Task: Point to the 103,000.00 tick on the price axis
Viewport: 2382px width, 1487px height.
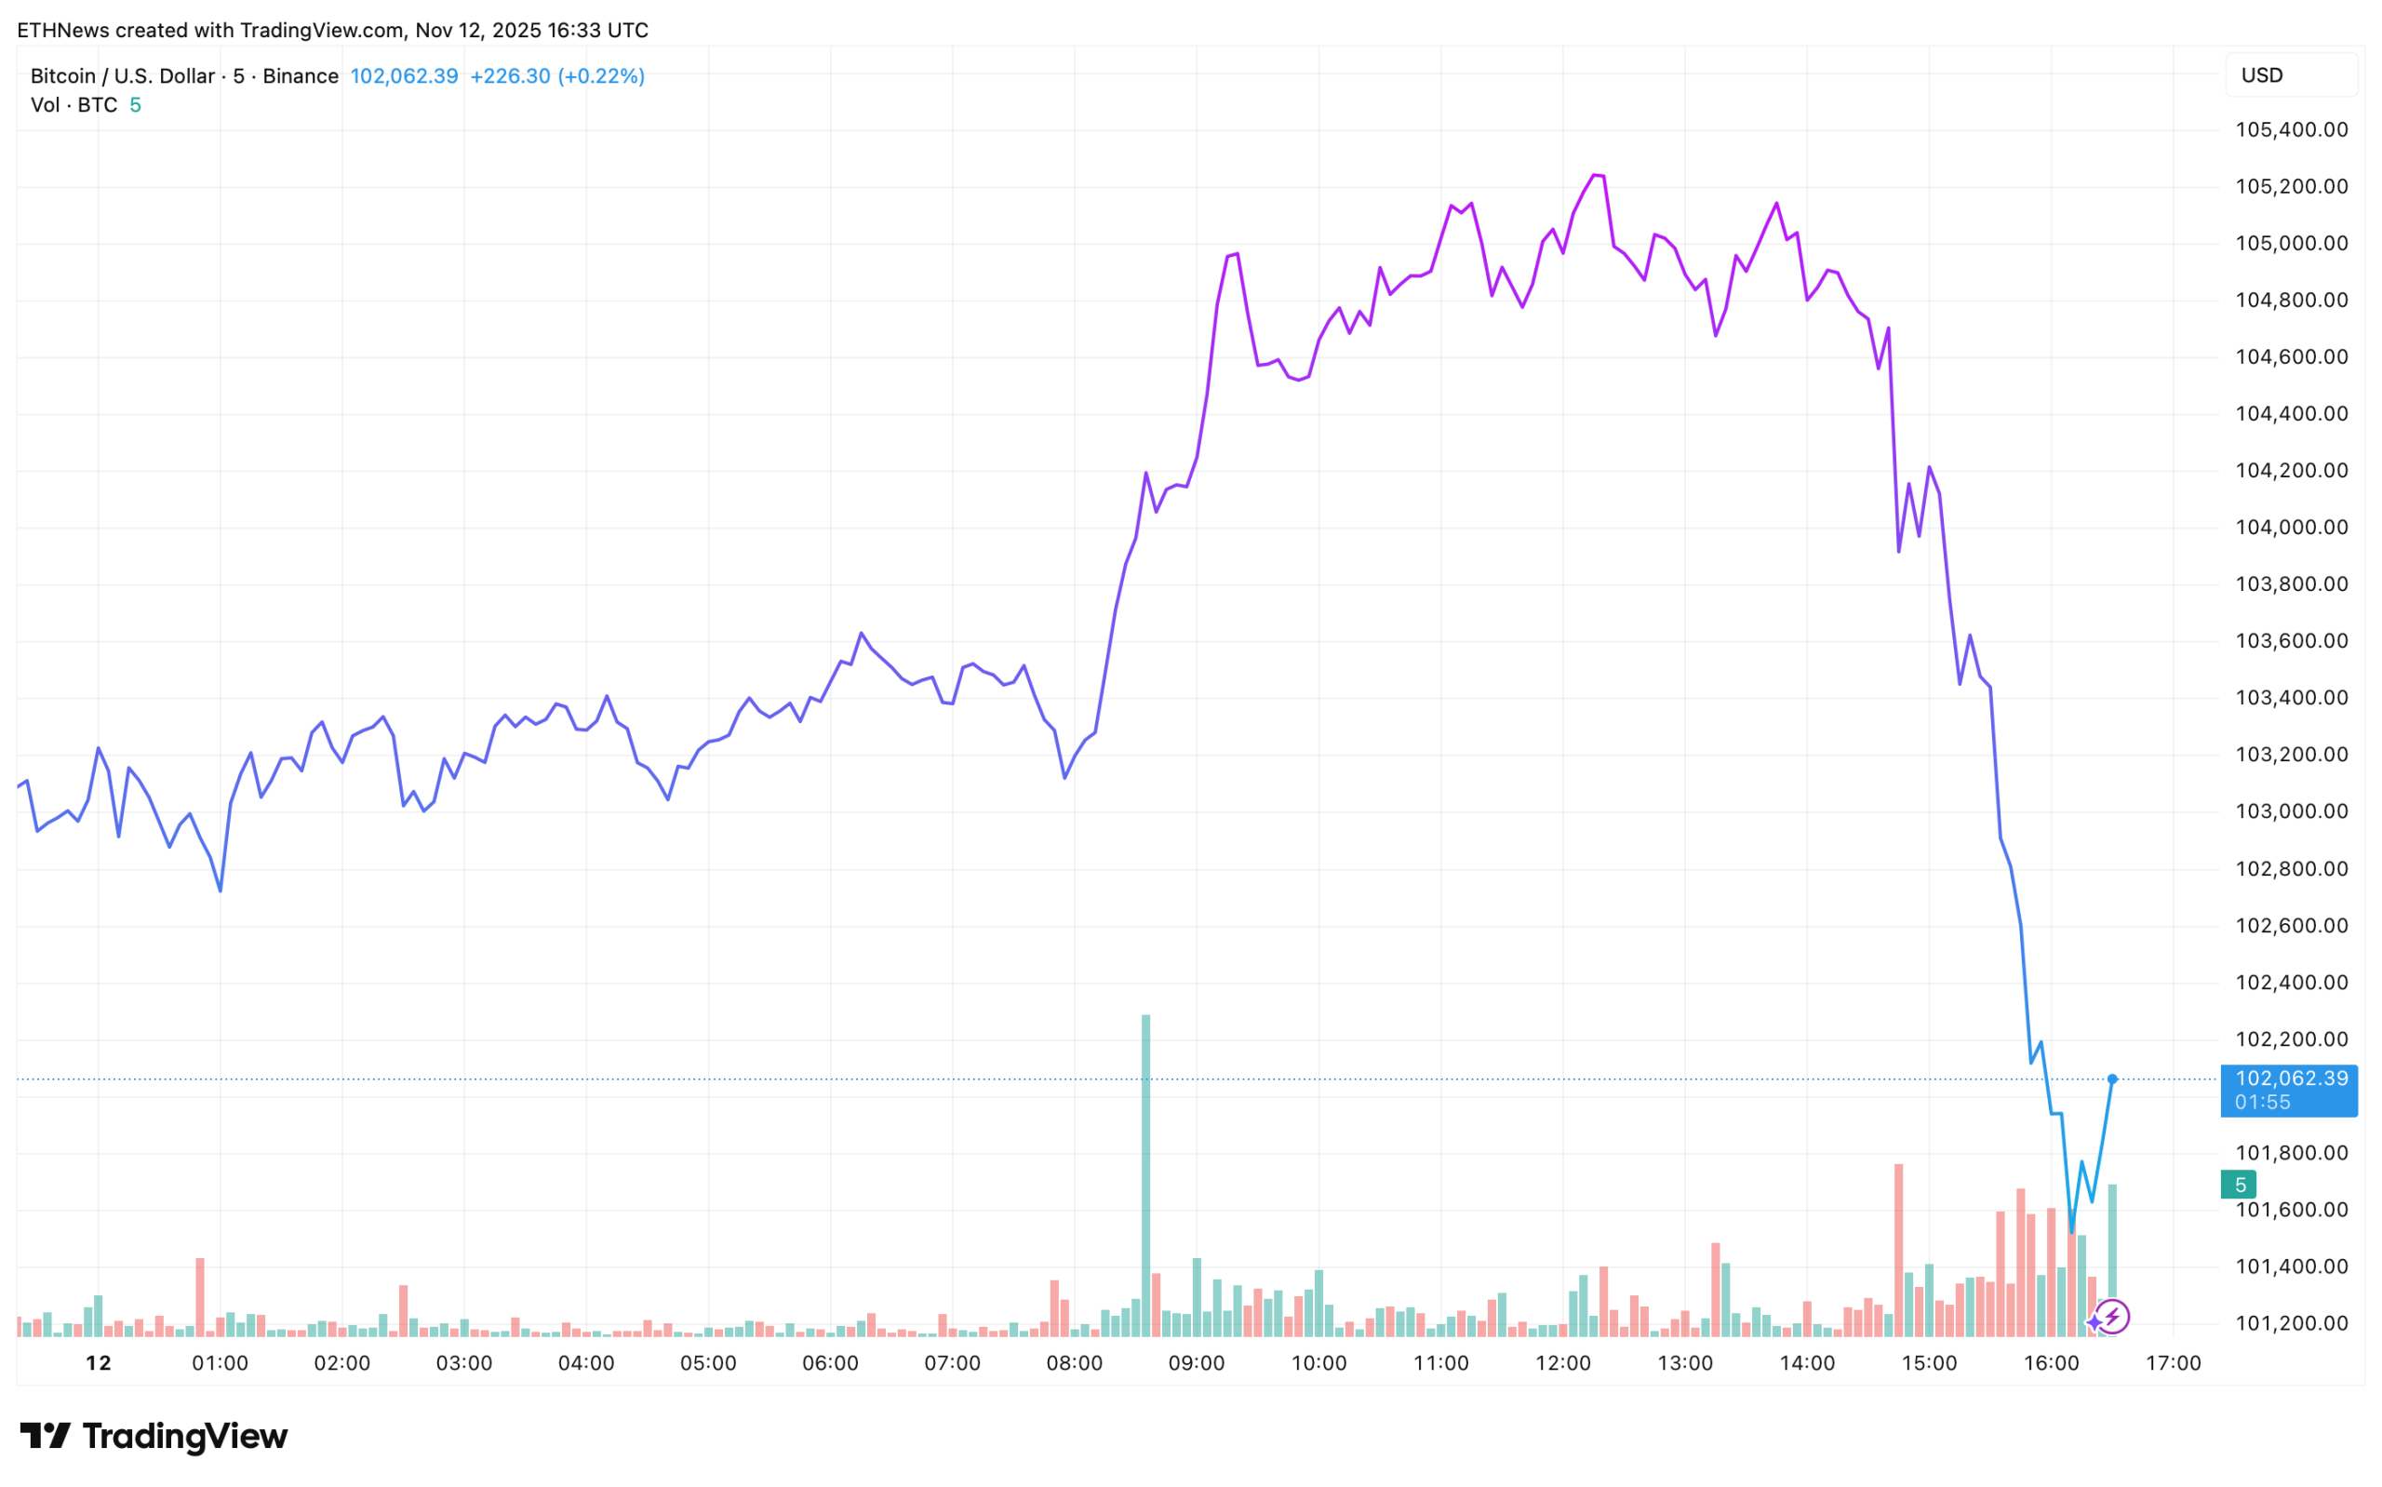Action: [2291, 812]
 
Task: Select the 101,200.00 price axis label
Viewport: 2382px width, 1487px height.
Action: [2291, 1324]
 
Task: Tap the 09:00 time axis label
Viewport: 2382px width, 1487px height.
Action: [1197, 1364]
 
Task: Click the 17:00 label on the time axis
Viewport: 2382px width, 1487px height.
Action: [2173, 1364]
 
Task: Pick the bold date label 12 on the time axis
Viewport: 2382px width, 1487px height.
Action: [99, 1364]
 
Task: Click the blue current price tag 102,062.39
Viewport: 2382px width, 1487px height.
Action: [2289, 1090]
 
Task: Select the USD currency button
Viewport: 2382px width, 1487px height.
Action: [2291, 75]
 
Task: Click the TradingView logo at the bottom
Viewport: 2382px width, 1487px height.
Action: [154, 1436]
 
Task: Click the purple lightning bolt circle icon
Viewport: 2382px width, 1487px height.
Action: [2113, 1317]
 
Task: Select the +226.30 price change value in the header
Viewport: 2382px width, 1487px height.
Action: [510, 76]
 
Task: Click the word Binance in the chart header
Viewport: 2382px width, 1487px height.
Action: [301, 76]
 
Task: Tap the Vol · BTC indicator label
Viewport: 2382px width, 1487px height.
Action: [74, 105]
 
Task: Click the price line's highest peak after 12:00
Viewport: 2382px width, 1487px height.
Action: [1597, 175]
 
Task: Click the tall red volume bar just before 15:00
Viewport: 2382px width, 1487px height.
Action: [1899, 1249]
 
